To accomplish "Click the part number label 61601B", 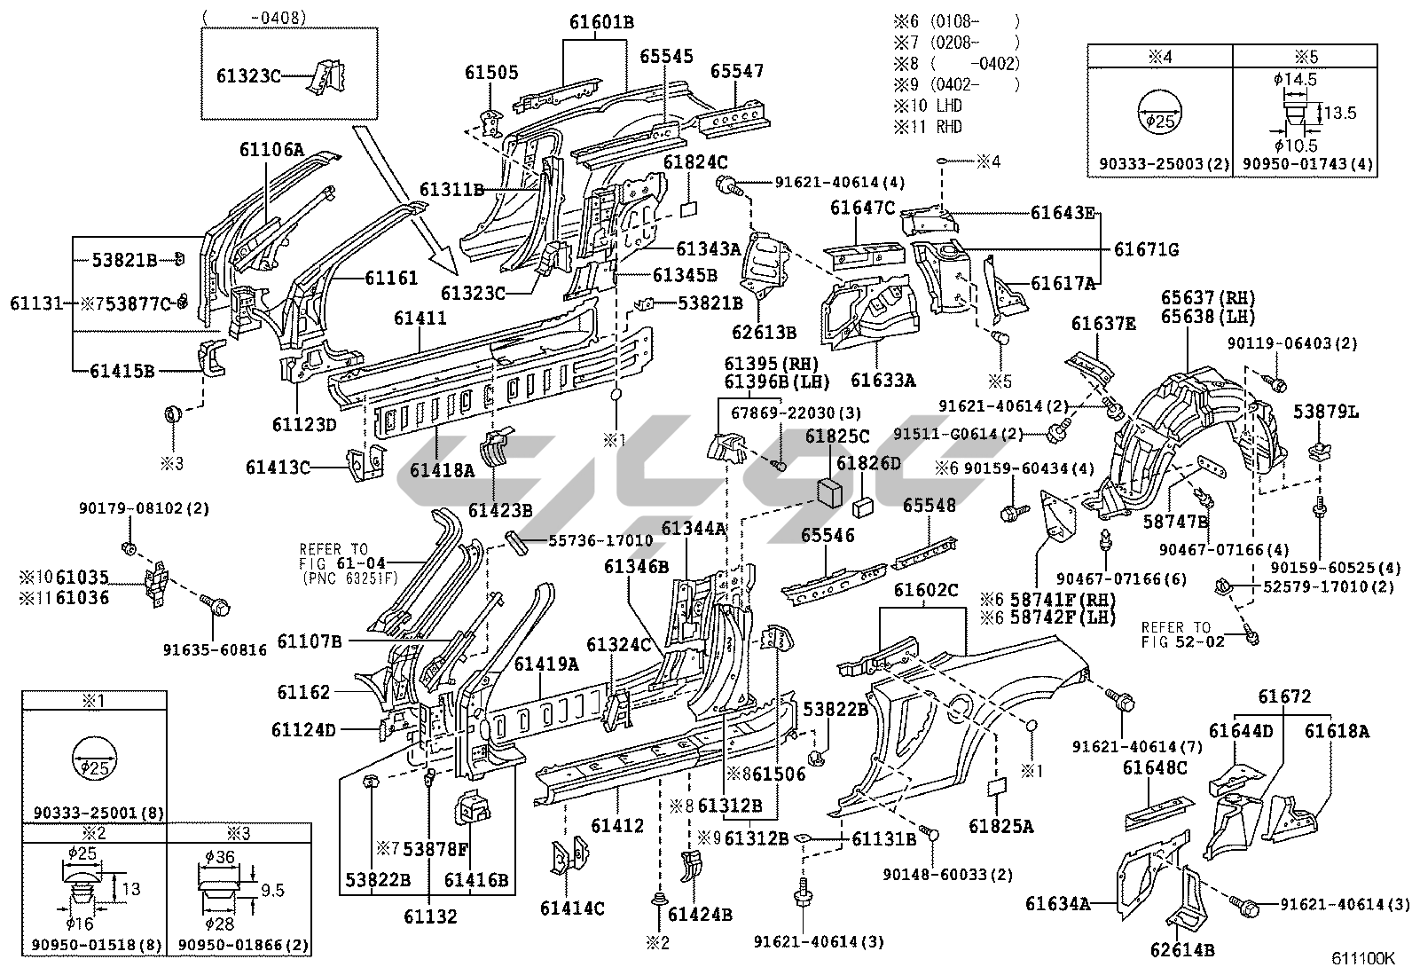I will tap(601, 22).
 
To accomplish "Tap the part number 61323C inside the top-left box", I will tap(248, 76).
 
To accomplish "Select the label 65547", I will tap(736, 71).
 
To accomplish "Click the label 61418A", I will tap(441, 469).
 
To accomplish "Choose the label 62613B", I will tap(764, 333).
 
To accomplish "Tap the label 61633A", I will tap(882, 380).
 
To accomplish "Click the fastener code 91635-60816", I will tap(215, 649).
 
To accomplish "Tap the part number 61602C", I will tap(926, 590).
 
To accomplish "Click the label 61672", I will tap(1283, 697).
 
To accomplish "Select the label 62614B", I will tap(1181, 949).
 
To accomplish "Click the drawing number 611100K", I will tap(1362, 959).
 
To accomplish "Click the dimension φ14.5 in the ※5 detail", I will tap(1295, 79).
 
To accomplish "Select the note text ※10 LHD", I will tap(929, 106).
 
